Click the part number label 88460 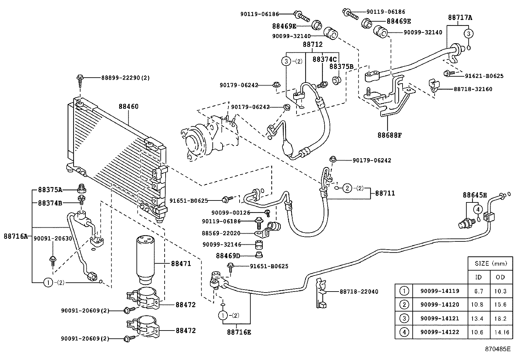(128, 106)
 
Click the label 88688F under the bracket (389, 135)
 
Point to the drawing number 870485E (498, 349)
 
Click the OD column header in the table (500, 277)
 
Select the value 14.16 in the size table (502, 332)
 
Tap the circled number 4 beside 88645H (477, 209)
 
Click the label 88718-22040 (359, 291)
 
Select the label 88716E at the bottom (239, 332)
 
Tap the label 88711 (385, 193)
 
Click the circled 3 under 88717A (468, 33)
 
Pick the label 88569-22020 (221, 233)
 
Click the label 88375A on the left (50, 189)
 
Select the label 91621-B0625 (484, 76)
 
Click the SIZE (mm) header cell (490, 263)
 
